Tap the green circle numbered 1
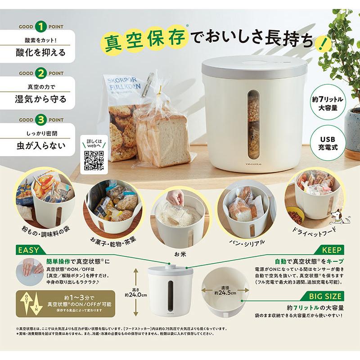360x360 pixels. pyautogui.click(x=40, y=26)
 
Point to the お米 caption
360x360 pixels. pyautogui.click(x=180, y=253)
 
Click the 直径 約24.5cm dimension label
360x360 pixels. pyautogui.click(x=225, y=289)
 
